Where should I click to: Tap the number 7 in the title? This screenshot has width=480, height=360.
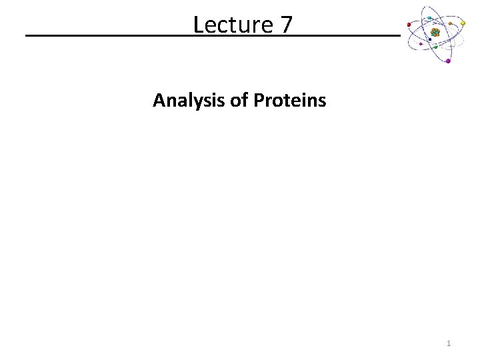tap(285, 25)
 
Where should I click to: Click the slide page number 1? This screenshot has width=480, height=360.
tap(449, 343)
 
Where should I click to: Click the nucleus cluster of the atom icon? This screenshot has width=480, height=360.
tap(435, 31)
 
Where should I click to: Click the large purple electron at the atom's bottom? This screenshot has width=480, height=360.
tap(448, 61)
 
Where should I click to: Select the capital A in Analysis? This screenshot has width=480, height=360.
tap(159, 101)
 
